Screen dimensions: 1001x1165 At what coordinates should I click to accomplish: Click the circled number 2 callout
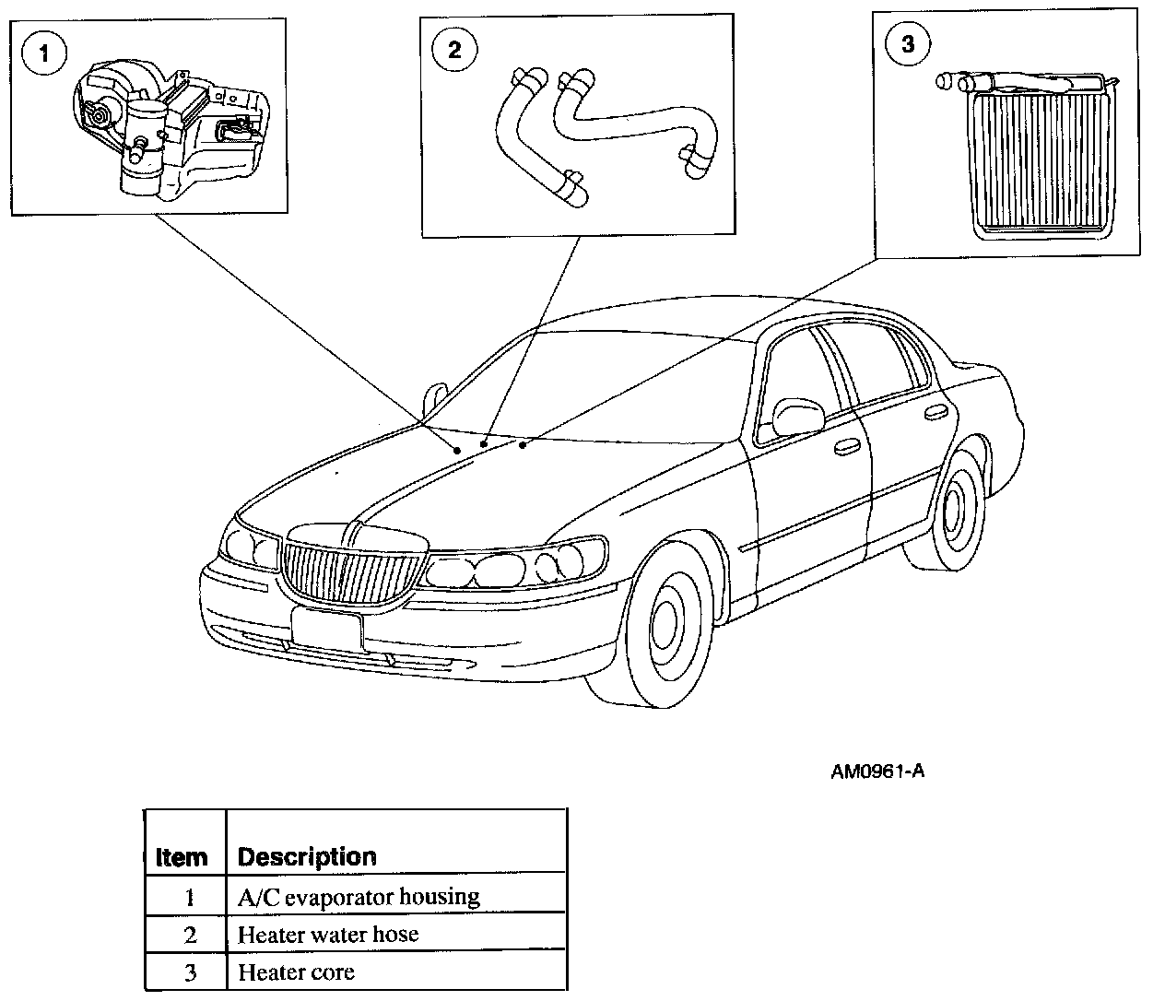point(453,49)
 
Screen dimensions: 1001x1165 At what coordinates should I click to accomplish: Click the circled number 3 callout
point(908,43)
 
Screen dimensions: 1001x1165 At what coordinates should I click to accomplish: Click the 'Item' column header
point(182,857)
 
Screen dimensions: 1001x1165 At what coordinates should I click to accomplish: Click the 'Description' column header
point(307,857)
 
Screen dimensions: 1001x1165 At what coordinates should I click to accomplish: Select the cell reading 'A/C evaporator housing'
point(359,896)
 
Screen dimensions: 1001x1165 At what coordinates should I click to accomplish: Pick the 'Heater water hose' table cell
point(328,934)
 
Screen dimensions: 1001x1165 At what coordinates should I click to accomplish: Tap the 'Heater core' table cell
point(296,972)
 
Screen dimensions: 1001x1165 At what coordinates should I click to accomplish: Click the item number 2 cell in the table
point(190,934)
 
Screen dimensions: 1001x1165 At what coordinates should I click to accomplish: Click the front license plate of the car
point(326,628)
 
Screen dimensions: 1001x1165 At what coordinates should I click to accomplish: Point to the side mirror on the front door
point(797,416)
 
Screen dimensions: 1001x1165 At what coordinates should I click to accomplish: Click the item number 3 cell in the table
point(190,972)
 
